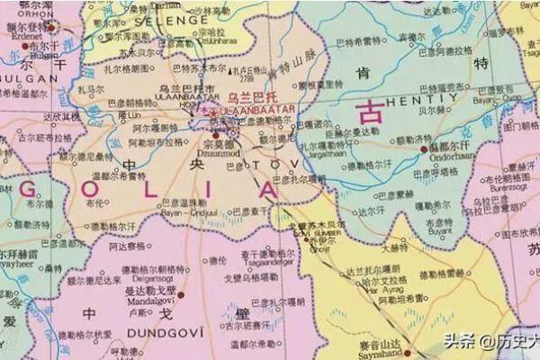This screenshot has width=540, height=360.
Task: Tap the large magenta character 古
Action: [x=369, y=112]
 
